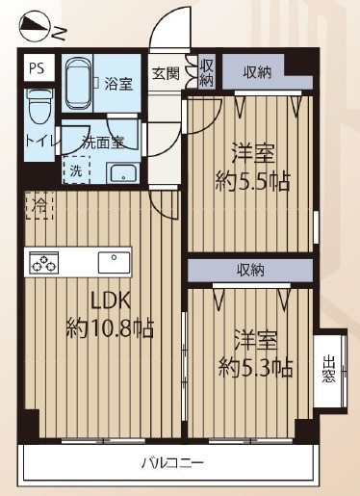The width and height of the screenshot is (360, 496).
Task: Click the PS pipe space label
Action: [37, 68]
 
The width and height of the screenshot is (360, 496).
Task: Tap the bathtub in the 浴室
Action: [79, 83]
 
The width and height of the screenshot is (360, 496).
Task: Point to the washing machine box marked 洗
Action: [76, 170]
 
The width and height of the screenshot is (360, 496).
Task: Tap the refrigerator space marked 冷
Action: [39, 206]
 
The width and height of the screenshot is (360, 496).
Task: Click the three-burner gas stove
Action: [44, 262]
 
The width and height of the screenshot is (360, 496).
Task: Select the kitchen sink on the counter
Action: [114, 262]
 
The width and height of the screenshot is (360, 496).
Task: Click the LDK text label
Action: [111, 301]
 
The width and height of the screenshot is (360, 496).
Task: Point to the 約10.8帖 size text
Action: [110, 328]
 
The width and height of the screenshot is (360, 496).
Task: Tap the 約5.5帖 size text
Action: [252, 181]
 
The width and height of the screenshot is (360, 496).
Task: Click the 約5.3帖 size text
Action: [255, 368]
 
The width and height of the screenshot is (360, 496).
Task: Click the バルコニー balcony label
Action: [172, 463]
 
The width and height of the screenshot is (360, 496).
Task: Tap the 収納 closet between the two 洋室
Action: [250, 271]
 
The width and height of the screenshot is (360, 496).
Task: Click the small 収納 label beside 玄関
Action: [206, 73]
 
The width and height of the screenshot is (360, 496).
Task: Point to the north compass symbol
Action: [35, 28]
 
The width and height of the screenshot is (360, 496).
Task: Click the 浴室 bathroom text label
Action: [118, 84]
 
